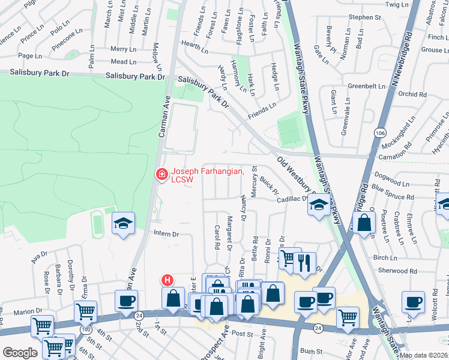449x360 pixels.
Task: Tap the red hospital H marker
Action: (x=167, y=280)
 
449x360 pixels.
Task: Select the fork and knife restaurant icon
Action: (x=305, y=261)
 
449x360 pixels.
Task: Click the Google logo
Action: (x=20, y=353)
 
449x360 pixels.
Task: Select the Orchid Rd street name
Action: (x=412, y=94)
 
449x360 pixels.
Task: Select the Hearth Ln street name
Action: (x=194, y=44)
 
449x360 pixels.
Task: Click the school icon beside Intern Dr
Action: (x=123, y=224)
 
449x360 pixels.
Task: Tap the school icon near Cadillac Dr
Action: (x=318, y=205)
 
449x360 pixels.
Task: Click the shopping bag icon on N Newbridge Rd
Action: (x=364, y=223)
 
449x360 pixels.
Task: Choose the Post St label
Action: (x=242, y=333)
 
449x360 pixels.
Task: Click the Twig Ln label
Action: (x=396, y=4)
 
